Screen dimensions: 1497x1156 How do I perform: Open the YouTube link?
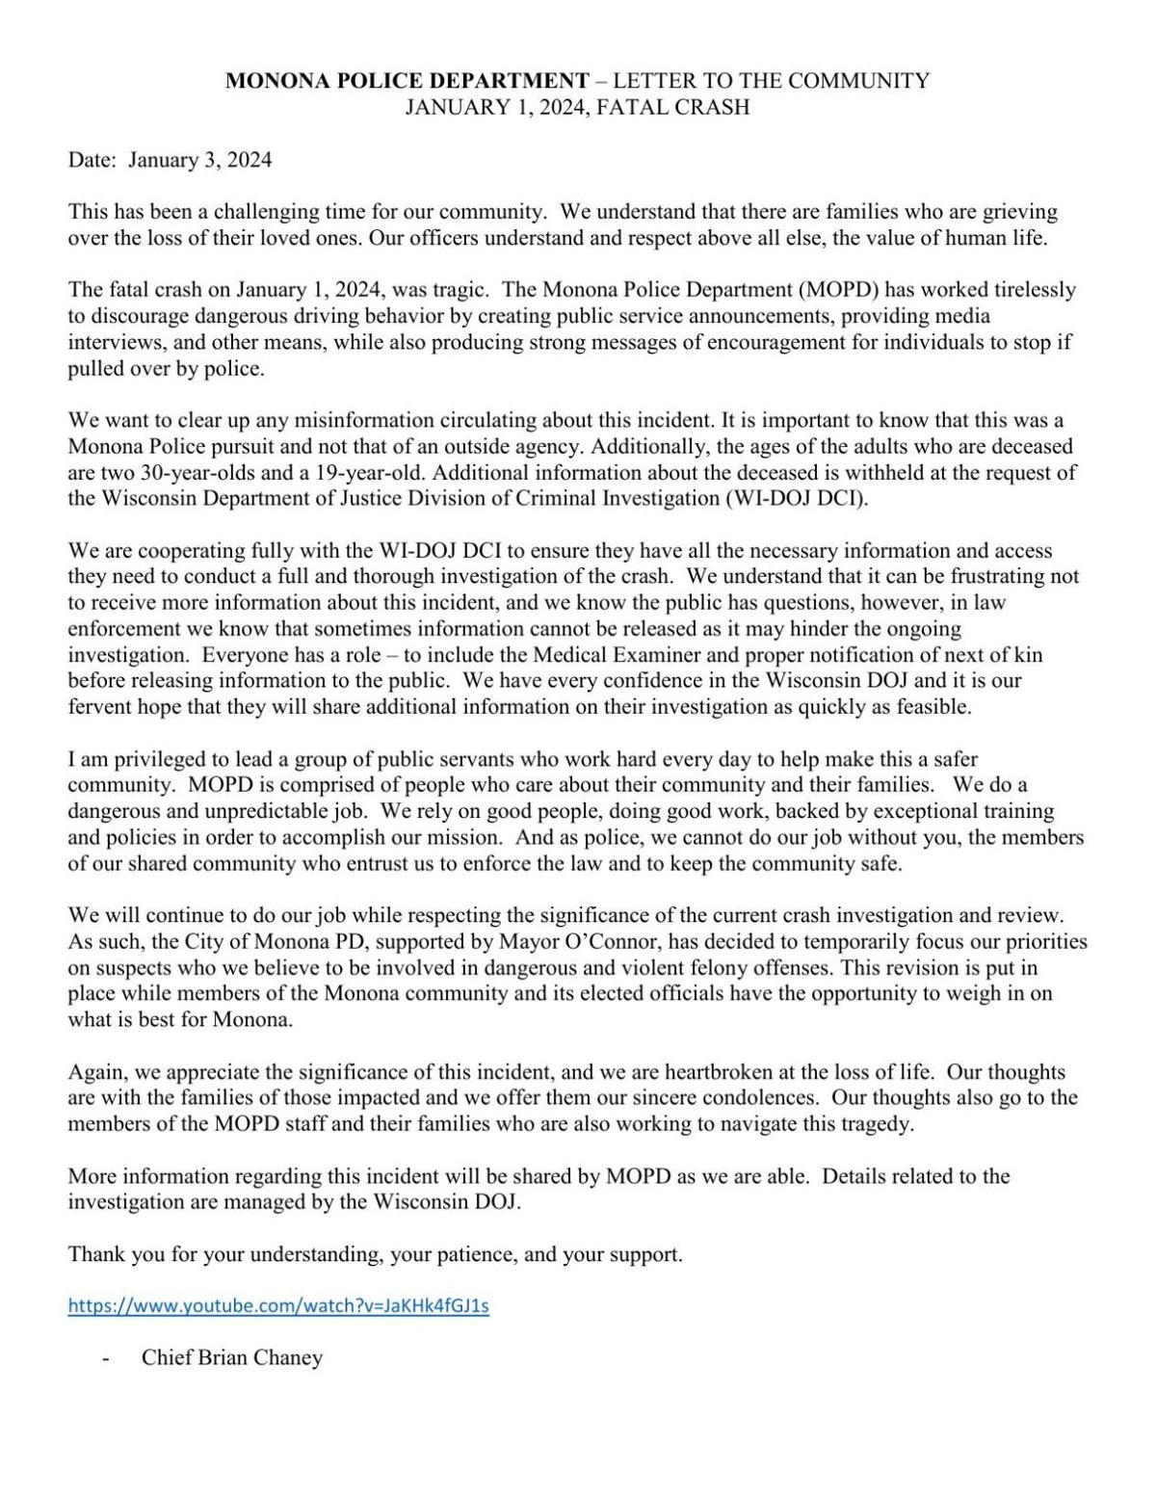[278, 1306]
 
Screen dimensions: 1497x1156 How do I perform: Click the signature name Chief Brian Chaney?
[232, 1357]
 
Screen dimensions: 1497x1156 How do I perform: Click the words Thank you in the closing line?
[104, 1254]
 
